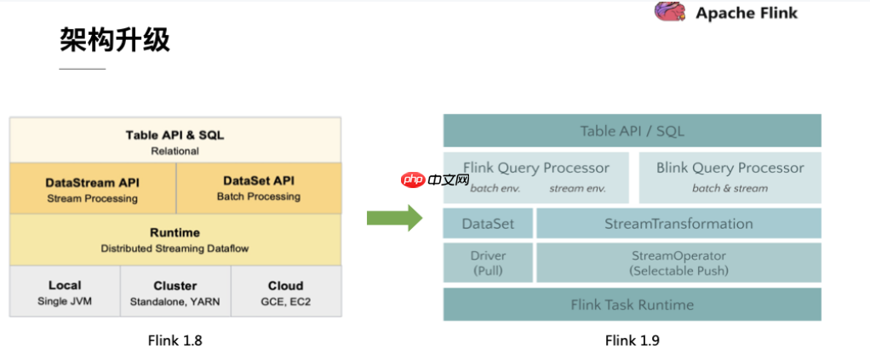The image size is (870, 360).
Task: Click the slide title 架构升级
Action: click(114, 39)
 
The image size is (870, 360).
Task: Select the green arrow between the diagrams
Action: click(394, 218)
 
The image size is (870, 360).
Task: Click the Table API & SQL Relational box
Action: click(175, 141)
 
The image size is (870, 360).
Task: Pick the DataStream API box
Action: click(92, 189)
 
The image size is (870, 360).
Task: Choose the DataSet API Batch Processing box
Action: click(258, 188)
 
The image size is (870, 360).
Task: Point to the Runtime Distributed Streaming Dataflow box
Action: click(175, 239)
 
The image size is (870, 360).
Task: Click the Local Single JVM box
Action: click(65, 292)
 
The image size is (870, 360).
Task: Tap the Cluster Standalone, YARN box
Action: click(175, 292)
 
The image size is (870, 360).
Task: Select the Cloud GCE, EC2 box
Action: click(285, 292)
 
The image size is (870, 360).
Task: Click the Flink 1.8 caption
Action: click(175, 340)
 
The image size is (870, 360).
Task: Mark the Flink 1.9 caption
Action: click(632, 340)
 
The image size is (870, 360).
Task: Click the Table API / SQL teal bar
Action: click(632, 131)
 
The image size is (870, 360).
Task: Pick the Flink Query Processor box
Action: click(536, 177)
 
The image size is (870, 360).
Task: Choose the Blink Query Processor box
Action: click(730, 177)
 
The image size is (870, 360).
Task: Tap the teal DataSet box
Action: click(488, 223)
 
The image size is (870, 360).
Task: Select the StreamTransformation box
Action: click(678, 223)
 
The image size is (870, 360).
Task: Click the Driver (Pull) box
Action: click(488, 262)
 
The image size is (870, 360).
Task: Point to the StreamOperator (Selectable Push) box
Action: click(678, 262)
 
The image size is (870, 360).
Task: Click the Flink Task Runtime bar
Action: click(632, 304)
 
